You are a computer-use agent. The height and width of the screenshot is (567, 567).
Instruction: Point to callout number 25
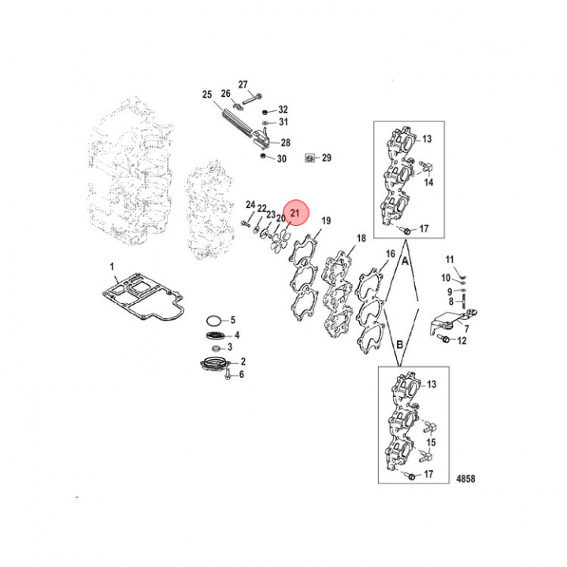[x=207, y=95]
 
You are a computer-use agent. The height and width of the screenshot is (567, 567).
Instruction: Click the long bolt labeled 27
[x=250, y=99]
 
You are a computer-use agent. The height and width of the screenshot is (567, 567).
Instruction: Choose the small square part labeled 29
[x=310, y=158]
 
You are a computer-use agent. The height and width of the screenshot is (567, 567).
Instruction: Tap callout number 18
[x=361, y=238]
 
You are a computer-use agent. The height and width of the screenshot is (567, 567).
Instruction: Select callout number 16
[x=390, y=254]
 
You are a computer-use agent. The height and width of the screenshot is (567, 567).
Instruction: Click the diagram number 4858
[x=465, y=478]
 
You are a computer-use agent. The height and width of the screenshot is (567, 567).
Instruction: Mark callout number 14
[x=428, y=182]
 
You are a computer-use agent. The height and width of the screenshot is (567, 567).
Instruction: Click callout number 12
[x=461, y=340]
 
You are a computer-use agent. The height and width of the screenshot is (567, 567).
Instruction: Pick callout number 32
[x=283, y=109]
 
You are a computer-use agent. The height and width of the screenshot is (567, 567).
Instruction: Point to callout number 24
[x=250, y=205]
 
